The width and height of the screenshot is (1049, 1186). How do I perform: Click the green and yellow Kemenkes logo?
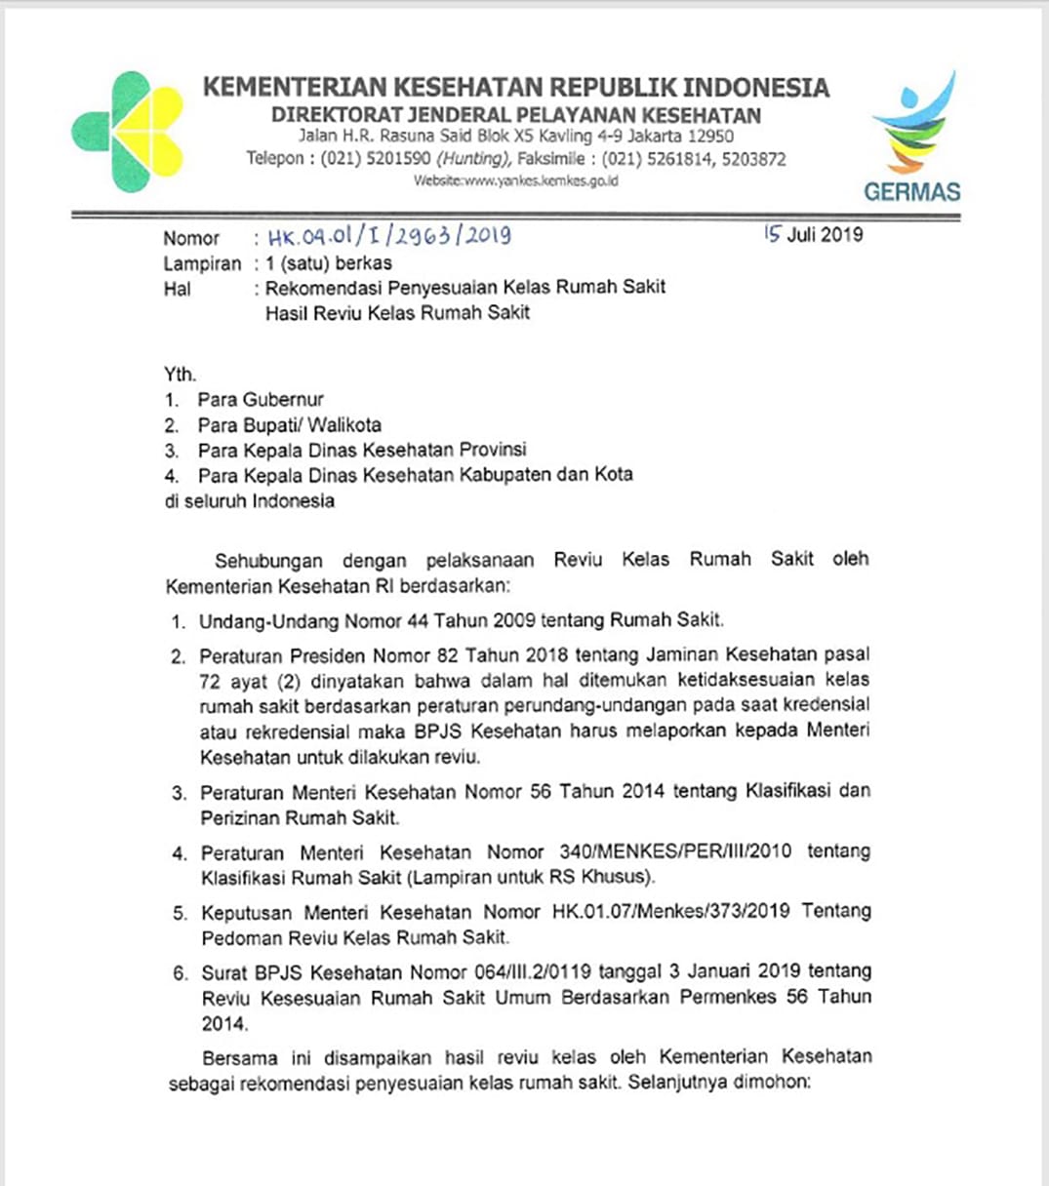point(128,132)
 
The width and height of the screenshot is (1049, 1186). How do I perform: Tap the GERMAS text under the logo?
point(911,191)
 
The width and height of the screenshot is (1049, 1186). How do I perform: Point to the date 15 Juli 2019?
point(813,234)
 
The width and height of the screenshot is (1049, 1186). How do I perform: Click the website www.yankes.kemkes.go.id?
point(515,180)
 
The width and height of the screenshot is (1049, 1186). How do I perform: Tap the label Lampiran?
point(202,263)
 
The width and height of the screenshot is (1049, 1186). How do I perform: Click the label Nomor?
point(191,238)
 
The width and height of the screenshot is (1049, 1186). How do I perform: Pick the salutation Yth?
point(180,375)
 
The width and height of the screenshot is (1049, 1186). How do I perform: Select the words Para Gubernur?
point(261,400)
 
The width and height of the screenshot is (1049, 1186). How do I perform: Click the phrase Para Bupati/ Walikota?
point(289,425)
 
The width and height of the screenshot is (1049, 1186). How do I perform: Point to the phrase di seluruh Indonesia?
point(249,501)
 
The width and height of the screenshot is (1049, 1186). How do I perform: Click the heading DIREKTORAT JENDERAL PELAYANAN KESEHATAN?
point(515,114)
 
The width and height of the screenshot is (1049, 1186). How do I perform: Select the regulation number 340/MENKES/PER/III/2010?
point(675,851)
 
